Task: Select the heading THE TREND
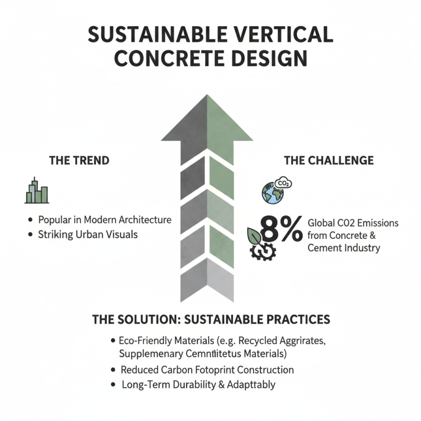pyautogui.click(x=79, y=161)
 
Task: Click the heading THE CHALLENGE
pyautogui.click(x=329, y=160)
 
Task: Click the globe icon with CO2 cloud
pyautogui.click(x=272, y=193)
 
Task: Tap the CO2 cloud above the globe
pyautogui.click(x=283, y=183)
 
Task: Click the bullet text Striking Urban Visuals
pyautogui.click(x=87, y=235)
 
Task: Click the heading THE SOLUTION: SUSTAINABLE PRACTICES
pyautogui.click(x=210, y=319)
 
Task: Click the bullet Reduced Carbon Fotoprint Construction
pyautogui.click(x=207, y=369)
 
